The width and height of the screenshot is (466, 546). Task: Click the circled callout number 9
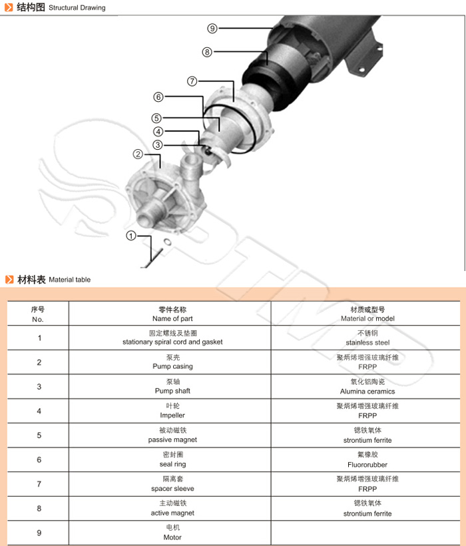pyautogui.click(x=212, y=28)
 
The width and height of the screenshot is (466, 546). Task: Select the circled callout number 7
pyautogui.click(x=192, y=81)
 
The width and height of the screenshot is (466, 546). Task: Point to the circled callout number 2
pyautogui.click(x=138, y=154)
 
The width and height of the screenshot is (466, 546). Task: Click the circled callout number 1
pyautogui.click(x=131, y=236)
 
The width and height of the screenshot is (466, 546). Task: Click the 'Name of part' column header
pyautogui.click(x=172, y=319)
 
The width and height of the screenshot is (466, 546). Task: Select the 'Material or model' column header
pyautogui.click(x=367, y=319)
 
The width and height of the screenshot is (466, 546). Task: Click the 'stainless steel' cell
pyautogui.click(x=367, y=342)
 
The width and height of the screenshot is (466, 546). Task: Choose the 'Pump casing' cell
pyautogui.click(x=172, y=366)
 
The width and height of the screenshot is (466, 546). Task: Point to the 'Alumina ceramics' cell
pyautogui.click(x=367, y=391)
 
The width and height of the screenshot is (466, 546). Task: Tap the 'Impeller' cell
pyautogui.click(x=172, y=415)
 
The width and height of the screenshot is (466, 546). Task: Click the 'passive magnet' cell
pyautogui.click(x=172, y=439)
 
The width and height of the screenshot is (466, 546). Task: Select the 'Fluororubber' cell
pyautogui.click(x=367, y=464)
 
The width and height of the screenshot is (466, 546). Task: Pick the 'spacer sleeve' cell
pyautogui.click(x=172, y=489)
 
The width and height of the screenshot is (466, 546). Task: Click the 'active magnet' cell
pyautogui.click(x=172, y=513)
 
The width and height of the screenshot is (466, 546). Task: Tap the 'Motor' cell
pyautogui.click(x=172, y=537)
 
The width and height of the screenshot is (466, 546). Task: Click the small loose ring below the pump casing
pyautogui.click(x=167, y=242)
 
